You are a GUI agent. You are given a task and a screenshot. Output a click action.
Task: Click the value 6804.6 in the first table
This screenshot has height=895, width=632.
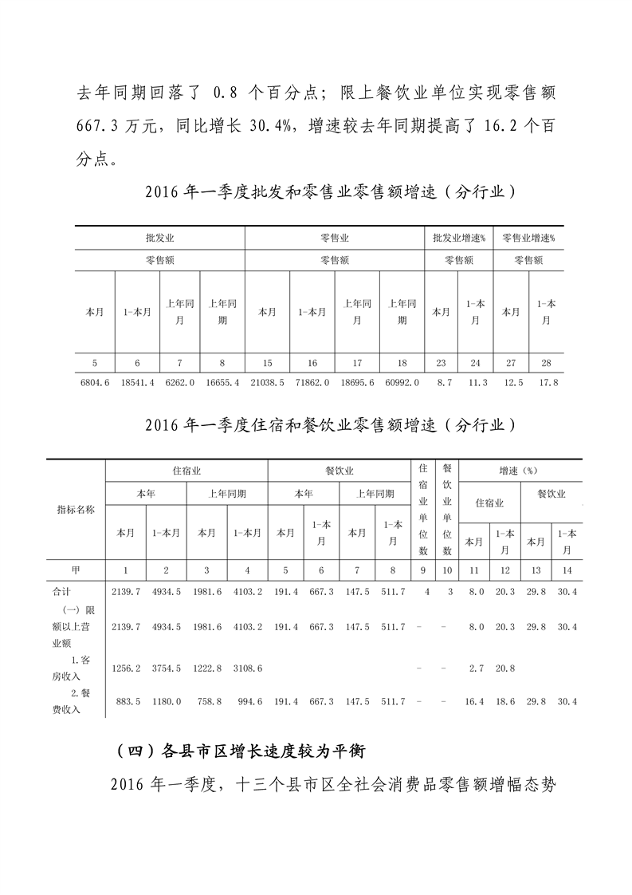pos(95,383)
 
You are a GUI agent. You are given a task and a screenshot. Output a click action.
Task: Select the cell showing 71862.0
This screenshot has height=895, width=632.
pos(312,383)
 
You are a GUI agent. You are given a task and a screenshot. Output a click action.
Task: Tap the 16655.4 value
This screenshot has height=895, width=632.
pos(222,383)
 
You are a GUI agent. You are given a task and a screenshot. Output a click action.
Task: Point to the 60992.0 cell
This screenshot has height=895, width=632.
pos(402,383)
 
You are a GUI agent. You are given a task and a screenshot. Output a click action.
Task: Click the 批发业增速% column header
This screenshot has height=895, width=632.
pos(459,238)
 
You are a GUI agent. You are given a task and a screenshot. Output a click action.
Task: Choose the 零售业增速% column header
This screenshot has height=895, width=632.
pos(529,238)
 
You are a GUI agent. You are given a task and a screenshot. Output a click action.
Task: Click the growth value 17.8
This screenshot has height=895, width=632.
pos(546,383)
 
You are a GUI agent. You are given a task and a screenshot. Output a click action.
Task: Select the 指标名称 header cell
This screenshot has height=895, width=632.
pos(76,510)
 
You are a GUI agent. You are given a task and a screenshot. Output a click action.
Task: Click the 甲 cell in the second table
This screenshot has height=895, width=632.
pos(76,570)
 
